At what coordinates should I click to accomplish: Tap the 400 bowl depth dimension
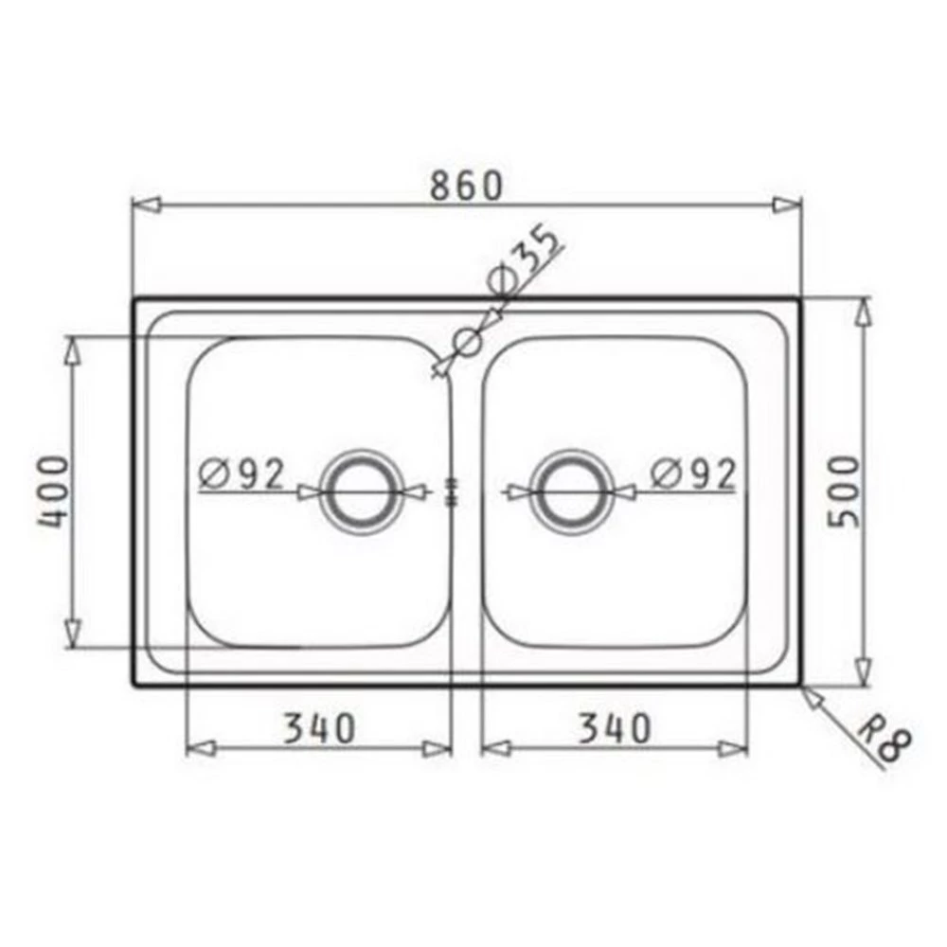[54, 491]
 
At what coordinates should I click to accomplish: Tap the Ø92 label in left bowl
[241, 474]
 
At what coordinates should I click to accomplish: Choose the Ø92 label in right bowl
[694, 474]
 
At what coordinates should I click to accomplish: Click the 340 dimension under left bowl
[318, 728]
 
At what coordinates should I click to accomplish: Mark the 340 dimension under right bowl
[615, 728]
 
